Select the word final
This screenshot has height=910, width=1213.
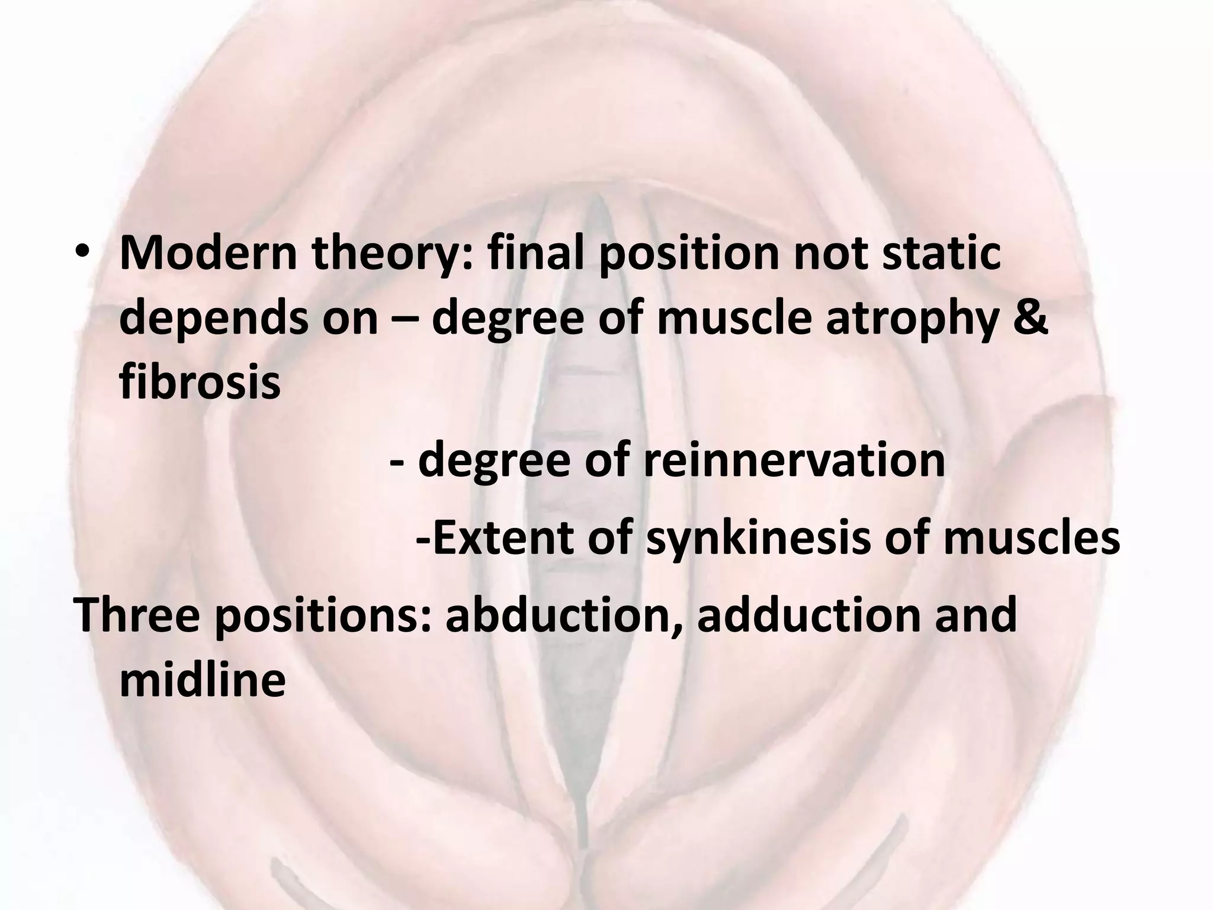533,254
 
